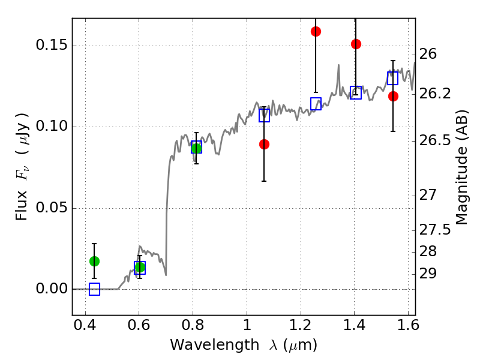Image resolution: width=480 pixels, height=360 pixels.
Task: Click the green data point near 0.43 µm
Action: pos(94,261)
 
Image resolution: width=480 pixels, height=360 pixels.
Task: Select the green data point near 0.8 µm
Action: pos(196,148)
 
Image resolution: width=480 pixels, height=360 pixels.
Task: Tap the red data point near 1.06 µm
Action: pos(264,144)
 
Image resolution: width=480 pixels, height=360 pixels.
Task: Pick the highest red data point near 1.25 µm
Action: pos(316,31)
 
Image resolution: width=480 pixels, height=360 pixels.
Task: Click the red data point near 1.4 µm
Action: pos(356,44)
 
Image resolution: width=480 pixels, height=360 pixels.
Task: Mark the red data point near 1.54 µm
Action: pos(393,96)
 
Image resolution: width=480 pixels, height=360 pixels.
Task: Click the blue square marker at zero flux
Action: pos(94,289)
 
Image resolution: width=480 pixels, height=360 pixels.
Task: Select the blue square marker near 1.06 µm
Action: pos(264,116)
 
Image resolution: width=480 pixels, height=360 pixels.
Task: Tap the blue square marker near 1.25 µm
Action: pos(316,104)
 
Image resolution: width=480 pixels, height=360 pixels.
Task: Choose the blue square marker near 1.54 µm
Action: pos(393,79)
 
